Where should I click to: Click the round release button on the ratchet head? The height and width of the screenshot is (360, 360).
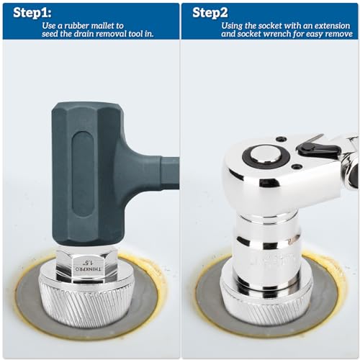pyautogui.click(x=262, y=154)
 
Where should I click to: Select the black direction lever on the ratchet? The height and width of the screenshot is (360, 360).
pyautogui.click(x=318, y=148)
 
